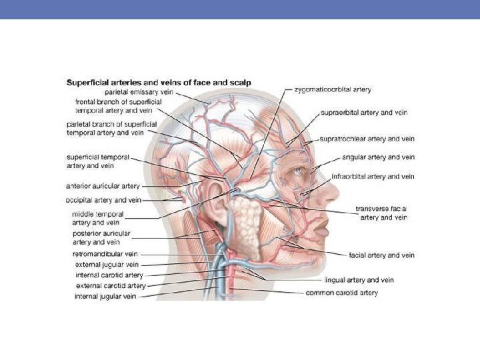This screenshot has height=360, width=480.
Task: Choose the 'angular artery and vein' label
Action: pyautogui.click(x=378, y=157)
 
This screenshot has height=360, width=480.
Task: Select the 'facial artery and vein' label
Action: pyautogui.click(x=381, y=255)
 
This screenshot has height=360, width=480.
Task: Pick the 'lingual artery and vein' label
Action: pyautogui.click(x=359, y=280)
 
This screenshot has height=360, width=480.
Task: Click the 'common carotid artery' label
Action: pyautogui.click(x=341, y=293)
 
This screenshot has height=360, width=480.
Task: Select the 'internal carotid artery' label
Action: pyautogui.click(x=109, y=275)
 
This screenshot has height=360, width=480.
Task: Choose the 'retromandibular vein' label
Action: pyautogui.click(x=105, y=254)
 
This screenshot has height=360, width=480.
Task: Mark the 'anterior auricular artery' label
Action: pyautogui.click(x=102, y=187)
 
